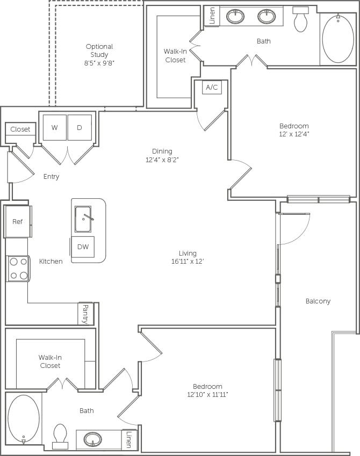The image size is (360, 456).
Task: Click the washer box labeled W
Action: click(54, 128)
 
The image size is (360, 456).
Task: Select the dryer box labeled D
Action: click(80, 128)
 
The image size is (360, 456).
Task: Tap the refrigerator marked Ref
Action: click(17, 221)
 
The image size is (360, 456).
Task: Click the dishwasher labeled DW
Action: click(83, 247)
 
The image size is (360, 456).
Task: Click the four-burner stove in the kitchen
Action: click(18, 269)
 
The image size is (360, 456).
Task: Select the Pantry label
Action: click(85, 314)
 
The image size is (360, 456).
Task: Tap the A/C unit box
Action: click(212, 87)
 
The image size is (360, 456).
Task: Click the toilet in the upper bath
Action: click(301, 21)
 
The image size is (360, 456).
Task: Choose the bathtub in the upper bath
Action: click(338, 39)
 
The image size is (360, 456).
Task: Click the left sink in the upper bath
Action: click(235, 17)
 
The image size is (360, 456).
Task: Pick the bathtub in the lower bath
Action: click(24, 419)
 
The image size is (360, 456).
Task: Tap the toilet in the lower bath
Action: click(60, 436)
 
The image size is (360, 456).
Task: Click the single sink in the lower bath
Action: click(93, 439)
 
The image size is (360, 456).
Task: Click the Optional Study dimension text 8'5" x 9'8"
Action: click(99, 63)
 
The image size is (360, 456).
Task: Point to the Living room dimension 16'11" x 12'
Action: click(188, 262)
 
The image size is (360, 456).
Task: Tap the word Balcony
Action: click(318, 301)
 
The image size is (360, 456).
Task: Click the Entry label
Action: click(51, 177)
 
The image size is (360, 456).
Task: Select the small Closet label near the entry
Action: click(20, 129)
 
